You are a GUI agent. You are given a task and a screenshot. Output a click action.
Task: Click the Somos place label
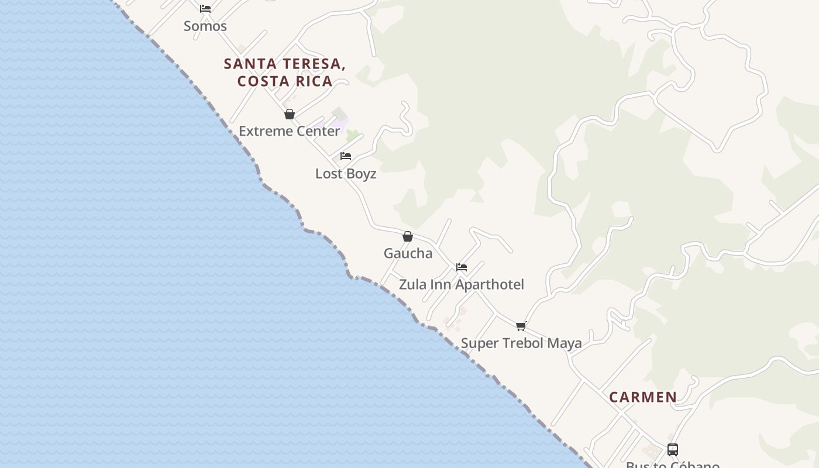coord(205,26)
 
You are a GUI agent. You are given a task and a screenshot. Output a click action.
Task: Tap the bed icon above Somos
coord(205,8)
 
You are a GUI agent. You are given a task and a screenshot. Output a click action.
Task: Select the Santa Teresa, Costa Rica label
coord(285,72)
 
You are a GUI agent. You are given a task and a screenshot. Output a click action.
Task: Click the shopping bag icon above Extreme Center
coord(289,114)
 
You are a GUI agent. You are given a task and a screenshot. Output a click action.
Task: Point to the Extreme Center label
coord(289,131)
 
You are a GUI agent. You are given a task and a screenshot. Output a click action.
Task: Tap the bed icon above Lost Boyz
coord(346,156)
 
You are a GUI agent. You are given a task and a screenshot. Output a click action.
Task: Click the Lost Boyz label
coord(346,174)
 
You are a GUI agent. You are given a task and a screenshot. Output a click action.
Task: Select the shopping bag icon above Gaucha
coord(408,236)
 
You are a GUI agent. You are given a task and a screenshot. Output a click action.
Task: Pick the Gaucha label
coord(408,253)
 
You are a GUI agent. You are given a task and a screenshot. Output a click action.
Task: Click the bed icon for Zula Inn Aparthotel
coord(462,267)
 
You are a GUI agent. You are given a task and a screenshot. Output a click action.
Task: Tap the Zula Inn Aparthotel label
coord(462,284)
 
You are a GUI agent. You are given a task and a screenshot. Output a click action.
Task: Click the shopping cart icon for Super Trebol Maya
coord(521,326)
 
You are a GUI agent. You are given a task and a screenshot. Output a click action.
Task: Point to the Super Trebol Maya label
coord(521,343)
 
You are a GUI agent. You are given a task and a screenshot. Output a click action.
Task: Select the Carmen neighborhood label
coord(643,397)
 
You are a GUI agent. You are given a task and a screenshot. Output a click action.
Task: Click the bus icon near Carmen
coord(673,450)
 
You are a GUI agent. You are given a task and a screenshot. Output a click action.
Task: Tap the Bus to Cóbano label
coord(673,464)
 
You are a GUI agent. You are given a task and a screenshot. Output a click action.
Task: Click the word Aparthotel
coord(490,284)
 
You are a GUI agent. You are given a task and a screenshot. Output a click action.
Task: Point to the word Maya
coord(565,343)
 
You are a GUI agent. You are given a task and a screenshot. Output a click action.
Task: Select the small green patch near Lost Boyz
coord(352,136)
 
